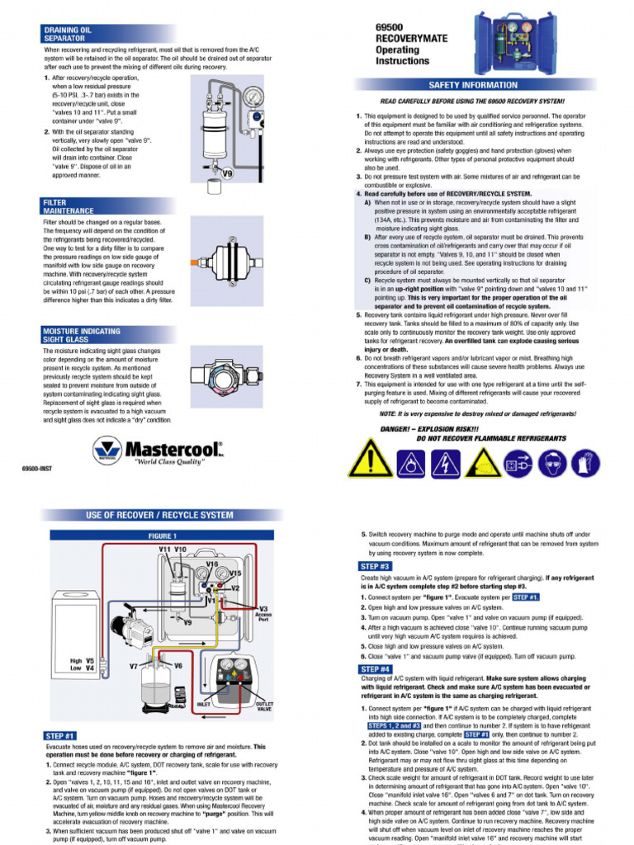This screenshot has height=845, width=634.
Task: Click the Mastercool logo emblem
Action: point(106,451)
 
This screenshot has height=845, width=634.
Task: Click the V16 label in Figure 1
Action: point(212,564)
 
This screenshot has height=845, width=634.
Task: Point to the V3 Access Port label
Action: point(263,611)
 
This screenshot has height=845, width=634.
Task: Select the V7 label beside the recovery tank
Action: point(134,665)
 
